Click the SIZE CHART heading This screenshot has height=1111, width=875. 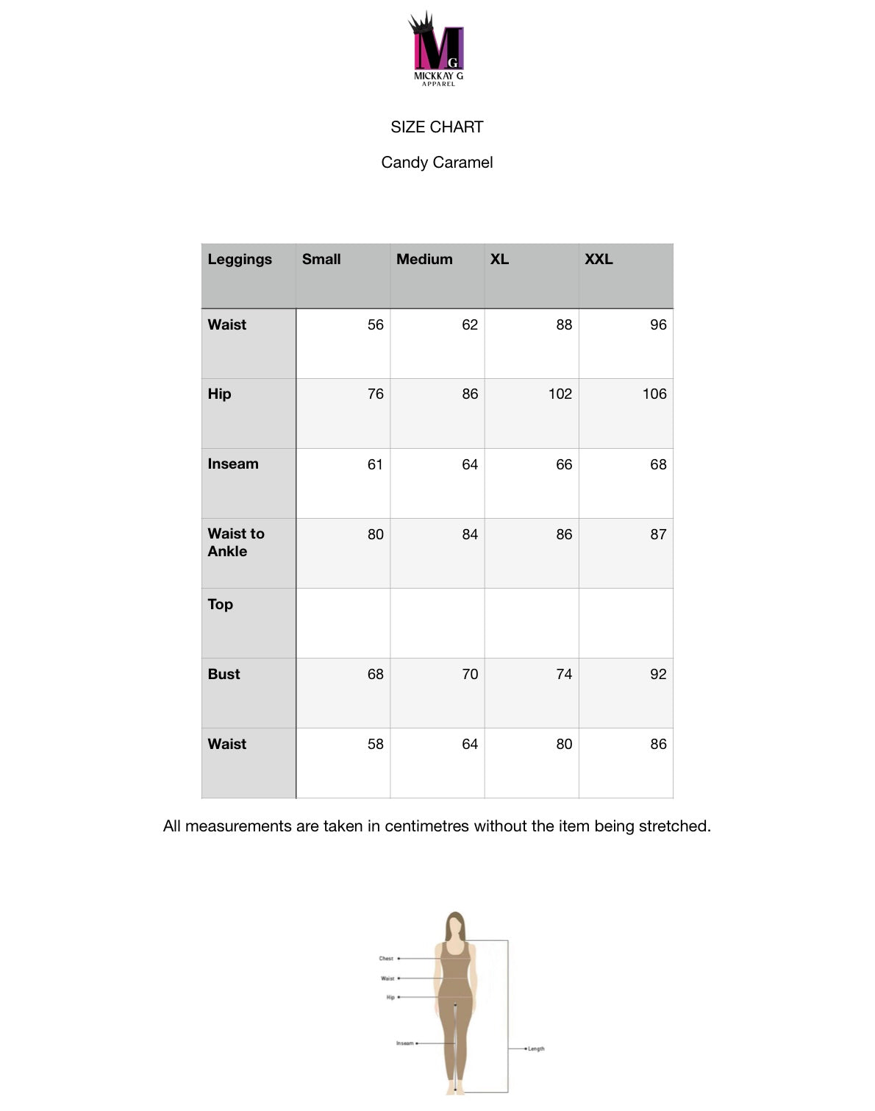(437, 127)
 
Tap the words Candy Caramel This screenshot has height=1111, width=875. (437, 163)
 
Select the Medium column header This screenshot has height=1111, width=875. (424, 259)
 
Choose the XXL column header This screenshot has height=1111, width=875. (599, 259)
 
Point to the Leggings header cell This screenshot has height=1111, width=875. (240, 259)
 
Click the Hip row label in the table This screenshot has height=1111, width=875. (219, 394)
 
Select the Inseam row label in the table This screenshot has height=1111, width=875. (233, 464)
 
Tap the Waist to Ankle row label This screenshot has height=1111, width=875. (236, 542)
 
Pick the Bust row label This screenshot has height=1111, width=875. (224, 674)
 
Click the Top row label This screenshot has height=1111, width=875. (220, 604)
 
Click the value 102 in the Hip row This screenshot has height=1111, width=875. (560, 394)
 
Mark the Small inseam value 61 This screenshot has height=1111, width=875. (375, 464)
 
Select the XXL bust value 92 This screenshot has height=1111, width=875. (658, 674)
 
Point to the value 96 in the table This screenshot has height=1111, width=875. (658, 324)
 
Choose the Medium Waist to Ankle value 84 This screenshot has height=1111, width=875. (470, 534)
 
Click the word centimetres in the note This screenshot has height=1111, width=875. (427, 826)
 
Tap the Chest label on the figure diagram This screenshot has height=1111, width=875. (386, 959)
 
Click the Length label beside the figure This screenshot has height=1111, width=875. (536, 1048)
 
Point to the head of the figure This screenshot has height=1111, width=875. (456, 924)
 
